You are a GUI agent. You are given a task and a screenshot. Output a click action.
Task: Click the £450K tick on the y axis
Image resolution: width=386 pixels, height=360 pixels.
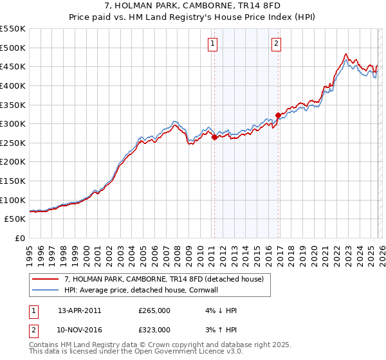tap(13, 66)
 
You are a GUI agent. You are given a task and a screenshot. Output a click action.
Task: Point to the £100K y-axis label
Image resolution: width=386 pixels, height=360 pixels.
tap(13, 200)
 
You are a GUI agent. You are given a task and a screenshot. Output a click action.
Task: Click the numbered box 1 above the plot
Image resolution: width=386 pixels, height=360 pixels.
tap(213, 44)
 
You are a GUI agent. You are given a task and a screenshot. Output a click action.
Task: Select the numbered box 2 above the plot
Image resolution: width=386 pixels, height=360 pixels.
tap(276, 44)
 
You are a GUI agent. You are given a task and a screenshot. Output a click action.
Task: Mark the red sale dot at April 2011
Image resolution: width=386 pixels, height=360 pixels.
tap(214, 137)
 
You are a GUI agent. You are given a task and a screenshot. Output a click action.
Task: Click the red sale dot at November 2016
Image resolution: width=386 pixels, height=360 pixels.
tap(277, 115)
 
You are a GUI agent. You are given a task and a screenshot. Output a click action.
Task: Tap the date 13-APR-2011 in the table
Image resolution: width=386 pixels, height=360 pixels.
tap(79, 310)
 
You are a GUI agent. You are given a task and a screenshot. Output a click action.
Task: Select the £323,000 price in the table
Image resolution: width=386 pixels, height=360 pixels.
tap(154, 330)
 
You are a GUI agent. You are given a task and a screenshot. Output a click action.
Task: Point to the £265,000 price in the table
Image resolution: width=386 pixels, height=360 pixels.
tap(154, 310)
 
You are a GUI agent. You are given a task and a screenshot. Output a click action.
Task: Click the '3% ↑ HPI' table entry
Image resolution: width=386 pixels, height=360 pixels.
tap(221, 330)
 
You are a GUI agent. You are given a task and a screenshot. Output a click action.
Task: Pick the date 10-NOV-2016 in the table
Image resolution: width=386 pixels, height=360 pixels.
tap(79, 330)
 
